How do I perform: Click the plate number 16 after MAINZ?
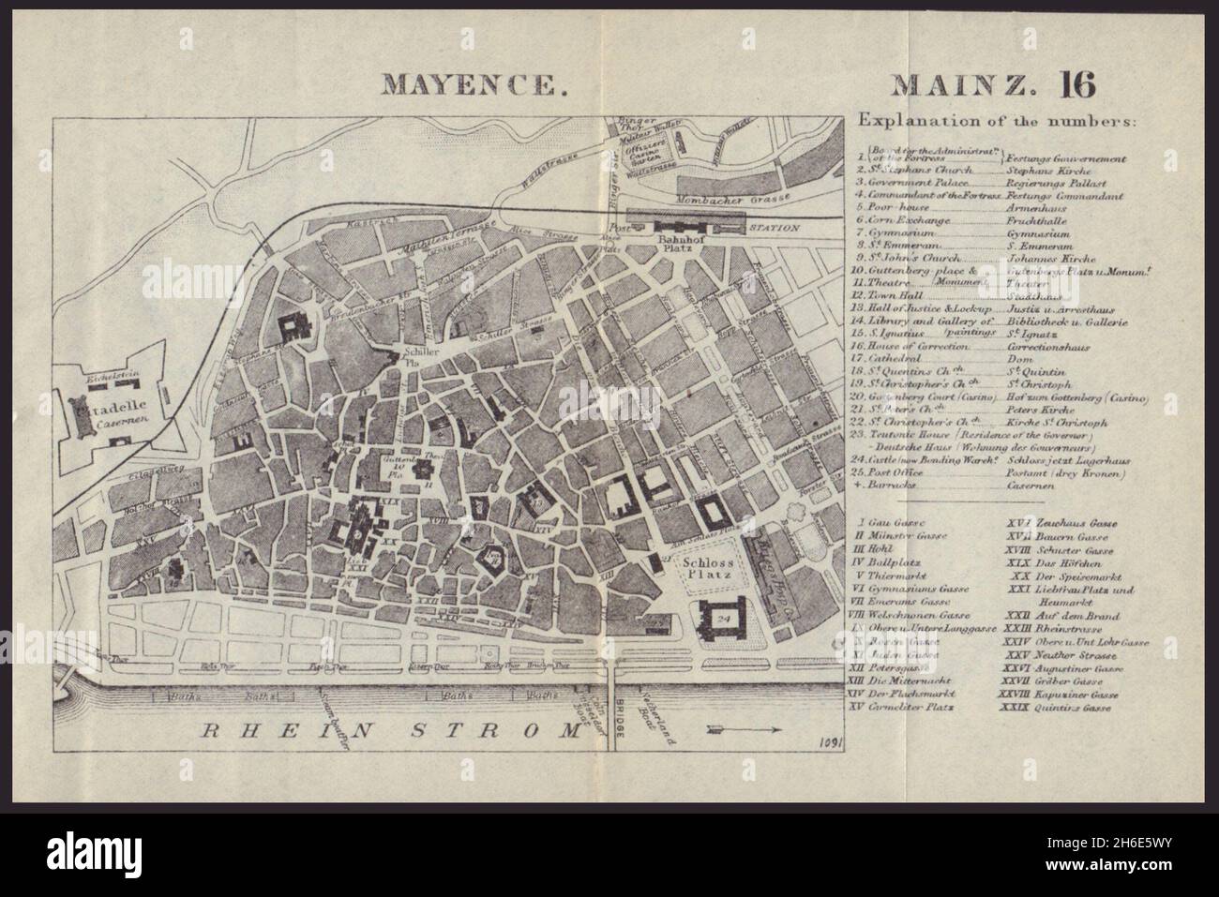[x=1076, y=83]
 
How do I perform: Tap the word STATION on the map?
[x=774, y=227]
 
